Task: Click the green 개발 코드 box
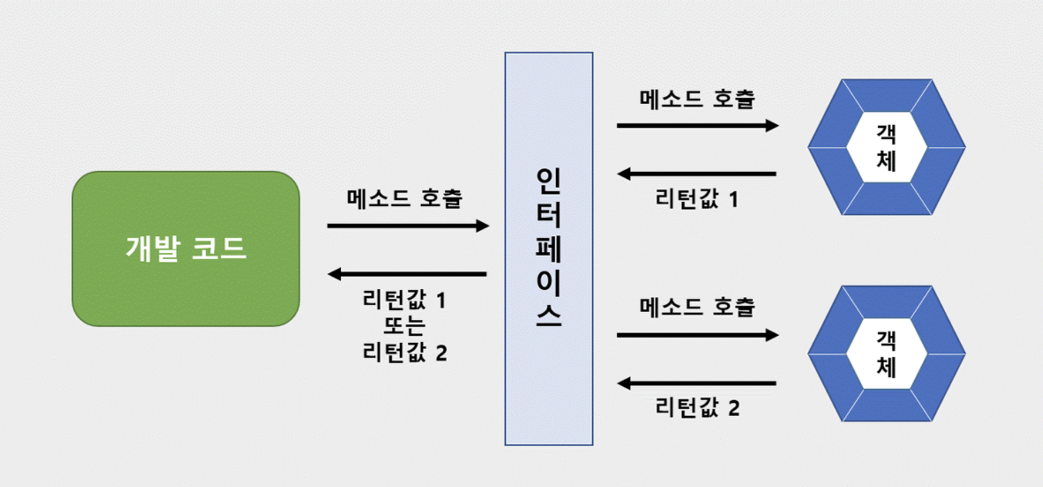coord(186,249)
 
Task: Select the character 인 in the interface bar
coord(548,180)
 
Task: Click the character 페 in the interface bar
coord(548,248)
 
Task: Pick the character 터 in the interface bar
coord(548,215)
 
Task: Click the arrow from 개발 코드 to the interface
coord(407,226)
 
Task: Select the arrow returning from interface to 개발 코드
coord(407,274)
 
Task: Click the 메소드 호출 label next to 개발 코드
coord(404,199)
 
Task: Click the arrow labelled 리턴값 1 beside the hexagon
coord(697,174)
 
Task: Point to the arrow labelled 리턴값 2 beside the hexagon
coord(697,384)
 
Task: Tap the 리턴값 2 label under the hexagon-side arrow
coord(697,407)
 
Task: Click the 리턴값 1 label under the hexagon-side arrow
coord(697,199)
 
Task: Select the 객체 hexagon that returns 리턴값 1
coord(886,147)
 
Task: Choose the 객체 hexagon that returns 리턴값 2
coord(886,354)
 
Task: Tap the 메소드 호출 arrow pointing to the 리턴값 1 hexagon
coord(697,125)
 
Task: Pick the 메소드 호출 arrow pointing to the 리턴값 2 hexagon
coord(697,334)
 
